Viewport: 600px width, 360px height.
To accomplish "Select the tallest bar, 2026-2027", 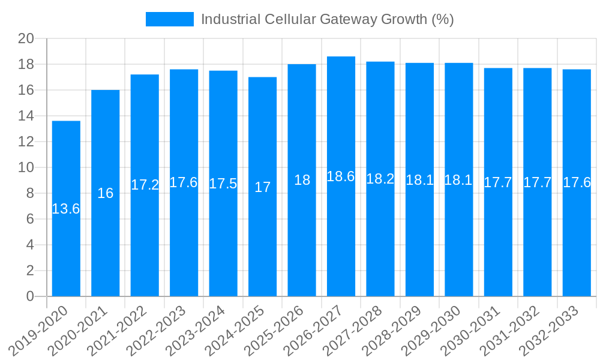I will pos(341,240).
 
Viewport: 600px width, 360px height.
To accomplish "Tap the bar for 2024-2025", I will pos(262,240).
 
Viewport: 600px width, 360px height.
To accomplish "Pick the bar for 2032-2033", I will pos(577,240).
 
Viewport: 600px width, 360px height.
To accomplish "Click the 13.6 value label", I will pos(66,209).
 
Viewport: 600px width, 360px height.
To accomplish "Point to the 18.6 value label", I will pos(341,176).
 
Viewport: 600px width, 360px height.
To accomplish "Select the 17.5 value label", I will pos(223,184).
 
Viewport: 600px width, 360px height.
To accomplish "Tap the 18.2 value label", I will pos(380,179).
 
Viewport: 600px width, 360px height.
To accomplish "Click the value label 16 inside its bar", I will pos(106,193).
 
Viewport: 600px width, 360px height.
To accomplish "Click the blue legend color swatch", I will pos(170,19).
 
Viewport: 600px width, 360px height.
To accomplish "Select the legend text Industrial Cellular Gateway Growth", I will pos(327,19).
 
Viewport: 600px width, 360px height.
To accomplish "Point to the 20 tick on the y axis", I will pos(26,39).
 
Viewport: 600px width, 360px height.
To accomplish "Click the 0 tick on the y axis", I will pos(30,296).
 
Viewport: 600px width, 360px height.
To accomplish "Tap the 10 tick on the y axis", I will pos(26,167).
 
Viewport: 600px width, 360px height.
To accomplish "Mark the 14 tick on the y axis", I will pos(26,116).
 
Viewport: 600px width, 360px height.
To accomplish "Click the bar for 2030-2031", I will pos(498,240).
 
